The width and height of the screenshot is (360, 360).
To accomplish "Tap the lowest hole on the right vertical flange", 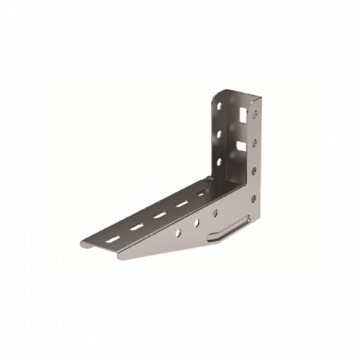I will coord(252,199).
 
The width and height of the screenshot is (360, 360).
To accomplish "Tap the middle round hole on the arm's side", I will coord(197,222).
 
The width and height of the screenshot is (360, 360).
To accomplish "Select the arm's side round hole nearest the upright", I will coord(214,213).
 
